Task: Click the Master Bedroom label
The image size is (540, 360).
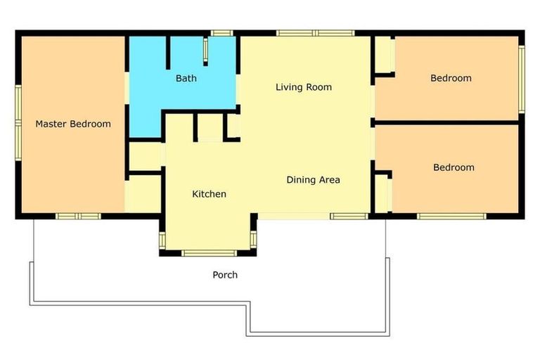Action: point(73,124)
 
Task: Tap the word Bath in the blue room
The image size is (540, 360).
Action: point(186,78)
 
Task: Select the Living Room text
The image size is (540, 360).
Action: point(303,87)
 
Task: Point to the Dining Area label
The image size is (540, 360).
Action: point(313,180)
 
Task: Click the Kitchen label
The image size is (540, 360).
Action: point(209,194)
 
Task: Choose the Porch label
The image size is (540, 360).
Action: point(225,275)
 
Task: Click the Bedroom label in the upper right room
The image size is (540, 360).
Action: point(451,78)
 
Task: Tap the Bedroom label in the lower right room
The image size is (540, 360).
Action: point(454,167)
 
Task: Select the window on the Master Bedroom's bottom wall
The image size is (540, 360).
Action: point(79,216)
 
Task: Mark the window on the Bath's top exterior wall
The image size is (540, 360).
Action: point(222,32)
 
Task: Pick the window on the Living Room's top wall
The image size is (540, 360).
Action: point(315,32)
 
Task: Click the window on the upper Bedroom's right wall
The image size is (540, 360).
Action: point(521,78)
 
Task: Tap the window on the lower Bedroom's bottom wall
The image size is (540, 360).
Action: point(451,216)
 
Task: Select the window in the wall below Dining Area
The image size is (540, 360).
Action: point(349,216)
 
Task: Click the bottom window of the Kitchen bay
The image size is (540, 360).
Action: point(210,252)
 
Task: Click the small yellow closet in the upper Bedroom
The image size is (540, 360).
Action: point(383,54)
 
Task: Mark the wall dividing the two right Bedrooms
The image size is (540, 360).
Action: point(447,122)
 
